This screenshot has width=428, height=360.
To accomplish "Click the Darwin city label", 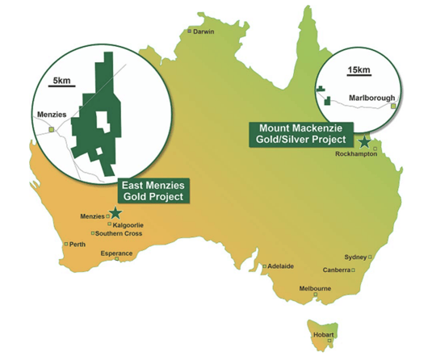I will coord(204,31).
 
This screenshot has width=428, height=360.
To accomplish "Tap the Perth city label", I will coord(78,244).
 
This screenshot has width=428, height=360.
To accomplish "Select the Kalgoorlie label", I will coord(130,224).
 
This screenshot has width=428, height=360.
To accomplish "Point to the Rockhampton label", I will coord(358,154).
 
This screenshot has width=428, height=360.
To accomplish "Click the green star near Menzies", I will coord(115,212).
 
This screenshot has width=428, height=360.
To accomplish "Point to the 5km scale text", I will coord(61,82).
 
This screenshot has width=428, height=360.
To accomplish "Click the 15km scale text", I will coord(356,70).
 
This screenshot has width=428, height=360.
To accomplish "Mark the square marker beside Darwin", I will coord(190,31).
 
